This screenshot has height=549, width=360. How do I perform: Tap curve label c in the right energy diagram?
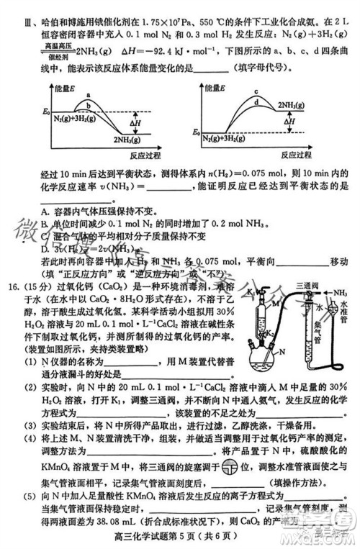pyautogui.click(x=256, y=91)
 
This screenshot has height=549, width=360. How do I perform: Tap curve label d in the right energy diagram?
pyautogui.click(x=256, y=103)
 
